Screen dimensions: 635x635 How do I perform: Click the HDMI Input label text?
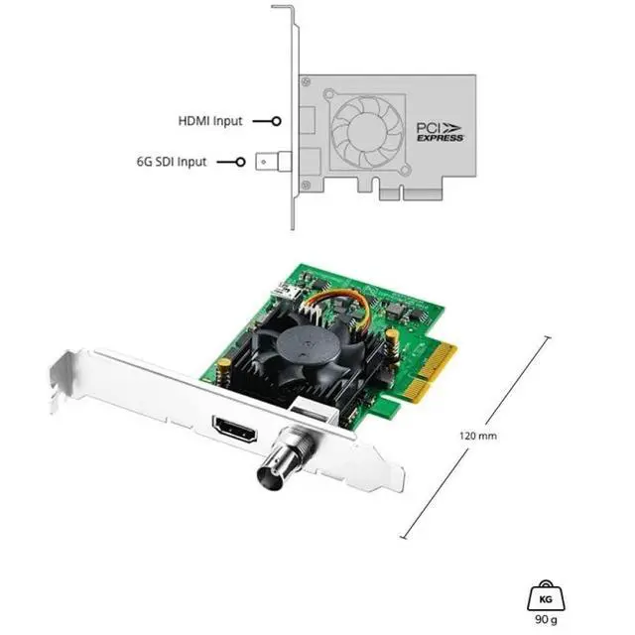[210, 121]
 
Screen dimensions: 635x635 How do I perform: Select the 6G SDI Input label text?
[172, 162]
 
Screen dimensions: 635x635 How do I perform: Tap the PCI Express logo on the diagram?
[440, 132]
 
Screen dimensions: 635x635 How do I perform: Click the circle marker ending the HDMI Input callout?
[277, 121]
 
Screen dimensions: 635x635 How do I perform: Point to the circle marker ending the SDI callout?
[240, 162]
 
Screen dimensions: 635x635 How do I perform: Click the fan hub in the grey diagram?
[366, 130]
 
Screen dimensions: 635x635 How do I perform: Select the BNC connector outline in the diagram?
[274, 162]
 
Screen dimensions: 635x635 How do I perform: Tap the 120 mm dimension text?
[478, 436]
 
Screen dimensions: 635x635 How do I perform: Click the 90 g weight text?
[546, 619]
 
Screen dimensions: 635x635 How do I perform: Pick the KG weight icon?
[546, 595]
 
